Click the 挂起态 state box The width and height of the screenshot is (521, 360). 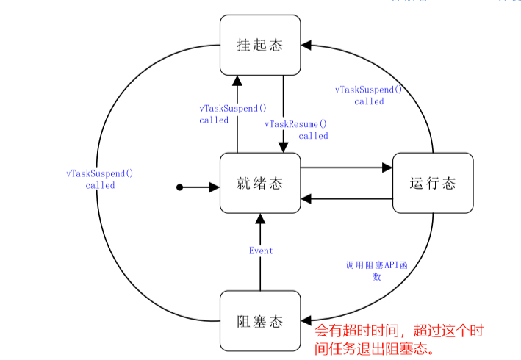click(x=260, y=45)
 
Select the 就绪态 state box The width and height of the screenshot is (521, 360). click(x=260, y=183)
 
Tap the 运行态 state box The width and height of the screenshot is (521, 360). click(x=433, y=183)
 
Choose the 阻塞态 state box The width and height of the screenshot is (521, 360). click(x=260, y=321)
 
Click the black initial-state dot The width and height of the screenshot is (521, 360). click(x=179, y=187)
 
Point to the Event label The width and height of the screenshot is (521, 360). click(x=260, y=251)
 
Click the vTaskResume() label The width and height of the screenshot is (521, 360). click(x=296, y=130)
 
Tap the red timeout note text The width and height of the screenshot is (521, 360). click(x=398, y=339)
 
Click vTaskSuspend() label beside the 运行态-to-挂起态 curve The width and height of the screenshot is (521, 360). click(x=369, y=96)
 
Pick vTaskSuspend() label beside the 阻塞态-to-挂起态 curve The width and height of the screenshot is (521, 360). click(x=100, y=179)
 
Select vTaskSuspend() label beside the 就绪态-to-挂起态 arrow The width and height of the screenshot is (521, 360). click(x=228, y=114)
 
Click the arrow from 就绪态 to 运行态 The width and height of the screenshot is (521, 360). click(x=346, y=168)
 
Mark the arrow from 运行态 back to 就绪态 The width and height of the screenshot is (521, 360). click(x=346, y=199)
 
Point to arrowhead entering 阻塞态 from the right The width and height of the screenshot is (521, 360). click(x=307, y=321)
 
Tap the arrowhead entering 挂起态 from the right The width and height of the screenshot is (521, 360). click(x=307, y=46)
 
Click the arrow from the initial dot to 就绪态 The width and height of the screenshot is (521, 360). click(x=200, y=187)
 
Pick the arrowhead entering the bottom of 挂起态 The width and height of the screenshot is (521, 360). click(x=237, y=80)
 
